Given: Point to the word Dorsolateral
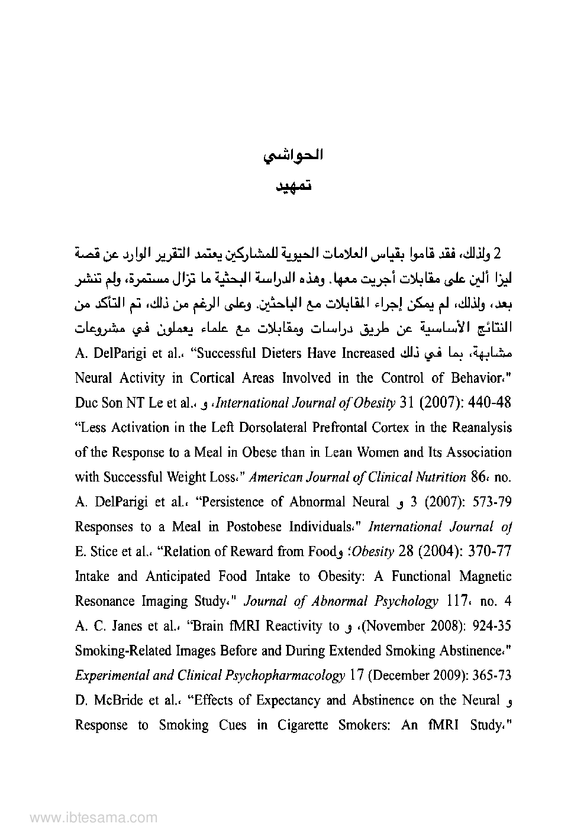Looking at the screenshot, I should pyautogui.click(x=270, y=428).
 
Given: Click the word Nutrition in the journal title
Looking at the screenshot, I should pyautogui.click(x=440, y=477).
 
